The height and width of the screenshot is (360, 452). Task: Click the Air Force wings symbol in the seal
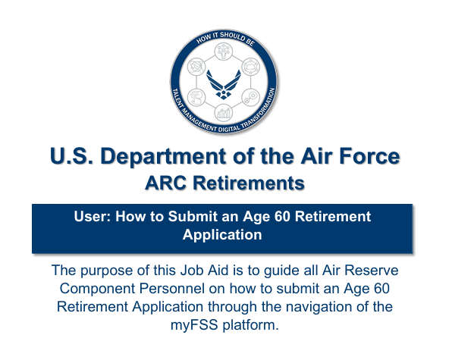point(224,84)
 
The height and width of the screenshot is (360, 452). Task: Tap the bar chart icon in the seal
point(224,112)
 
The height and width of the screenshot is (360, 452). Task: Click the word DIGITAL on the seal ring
point(228,129)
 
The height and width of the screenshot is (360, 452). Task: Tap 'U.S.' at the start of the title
point(71,156)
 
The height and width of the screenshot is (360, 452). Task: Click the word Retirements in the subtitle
point(249,183)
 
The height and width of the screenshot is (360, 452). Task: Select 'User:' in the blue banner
point(93,216)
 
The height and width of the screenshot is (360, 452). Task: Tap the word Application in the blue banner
point(222,235)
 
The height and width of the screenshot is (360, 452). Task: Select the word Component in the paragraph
point(97,289)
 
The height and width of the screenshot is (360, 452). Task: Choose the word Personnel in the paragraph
point(172,289)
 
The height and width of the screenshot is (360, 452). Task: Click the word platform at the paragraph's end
point(250,325)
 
